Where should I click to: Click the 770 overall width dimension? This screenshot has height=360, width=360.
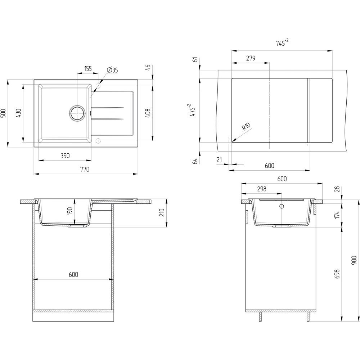tap(85, 169)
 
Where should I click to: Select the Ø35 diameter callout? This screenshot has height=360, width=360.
tap(112, 70)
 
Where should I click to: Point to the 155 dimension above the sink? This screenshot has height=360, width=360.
tap(88, 68)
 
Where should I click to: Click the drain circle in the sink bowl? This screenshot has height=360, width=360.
tap(77, 113)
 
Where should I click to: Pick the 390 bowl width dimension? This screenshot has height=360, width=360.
tap(65, 156)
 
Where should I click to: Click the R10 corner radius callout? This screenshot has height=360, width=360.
tap(246, 126)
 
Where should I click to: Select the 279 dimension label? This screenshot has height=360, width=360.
tap(251, 58)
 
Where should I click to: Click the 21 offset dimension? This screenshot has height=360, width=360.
tap(219, 159)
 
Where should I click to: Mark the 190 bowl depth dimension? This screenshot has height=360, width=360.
tap(70, 211)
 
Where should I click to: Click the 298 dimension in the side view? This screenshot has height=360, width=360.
tap(261, 189)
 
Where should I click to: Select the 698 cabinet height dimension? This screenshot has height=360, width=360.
tap(337, 274)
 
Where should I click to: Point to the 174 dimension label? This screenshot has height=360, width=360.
tap(337, 215)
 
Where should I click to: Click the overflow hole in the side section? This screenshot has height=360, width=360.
tap(282, 206)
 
